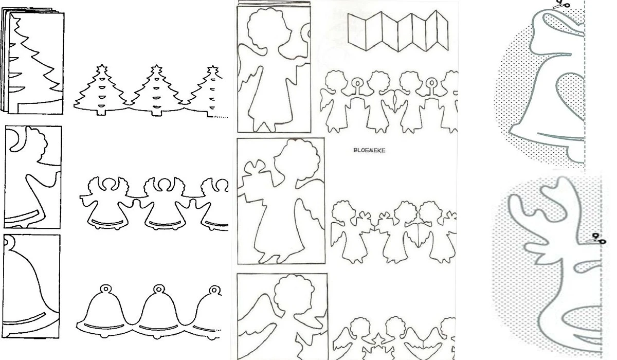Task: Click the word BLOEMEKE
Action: point(369,150)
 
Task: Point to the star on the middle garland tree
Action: point(156,69)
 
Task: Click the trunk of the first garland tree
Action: point(101,113)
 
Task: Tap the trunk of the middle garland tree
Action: point(156,113)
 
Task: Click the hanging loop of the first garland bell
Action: point(105,289)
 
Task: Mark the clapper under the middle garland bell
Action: point(157,336)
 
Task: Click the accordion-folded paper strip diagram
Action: point(398,31)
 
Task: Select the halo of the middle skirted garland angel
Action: point(165,184)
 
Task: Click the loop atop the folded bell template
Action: point(9,242)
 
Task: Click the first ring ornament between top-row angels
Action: point(357,83)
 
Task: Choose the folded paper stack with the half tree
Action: point(32,61)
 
